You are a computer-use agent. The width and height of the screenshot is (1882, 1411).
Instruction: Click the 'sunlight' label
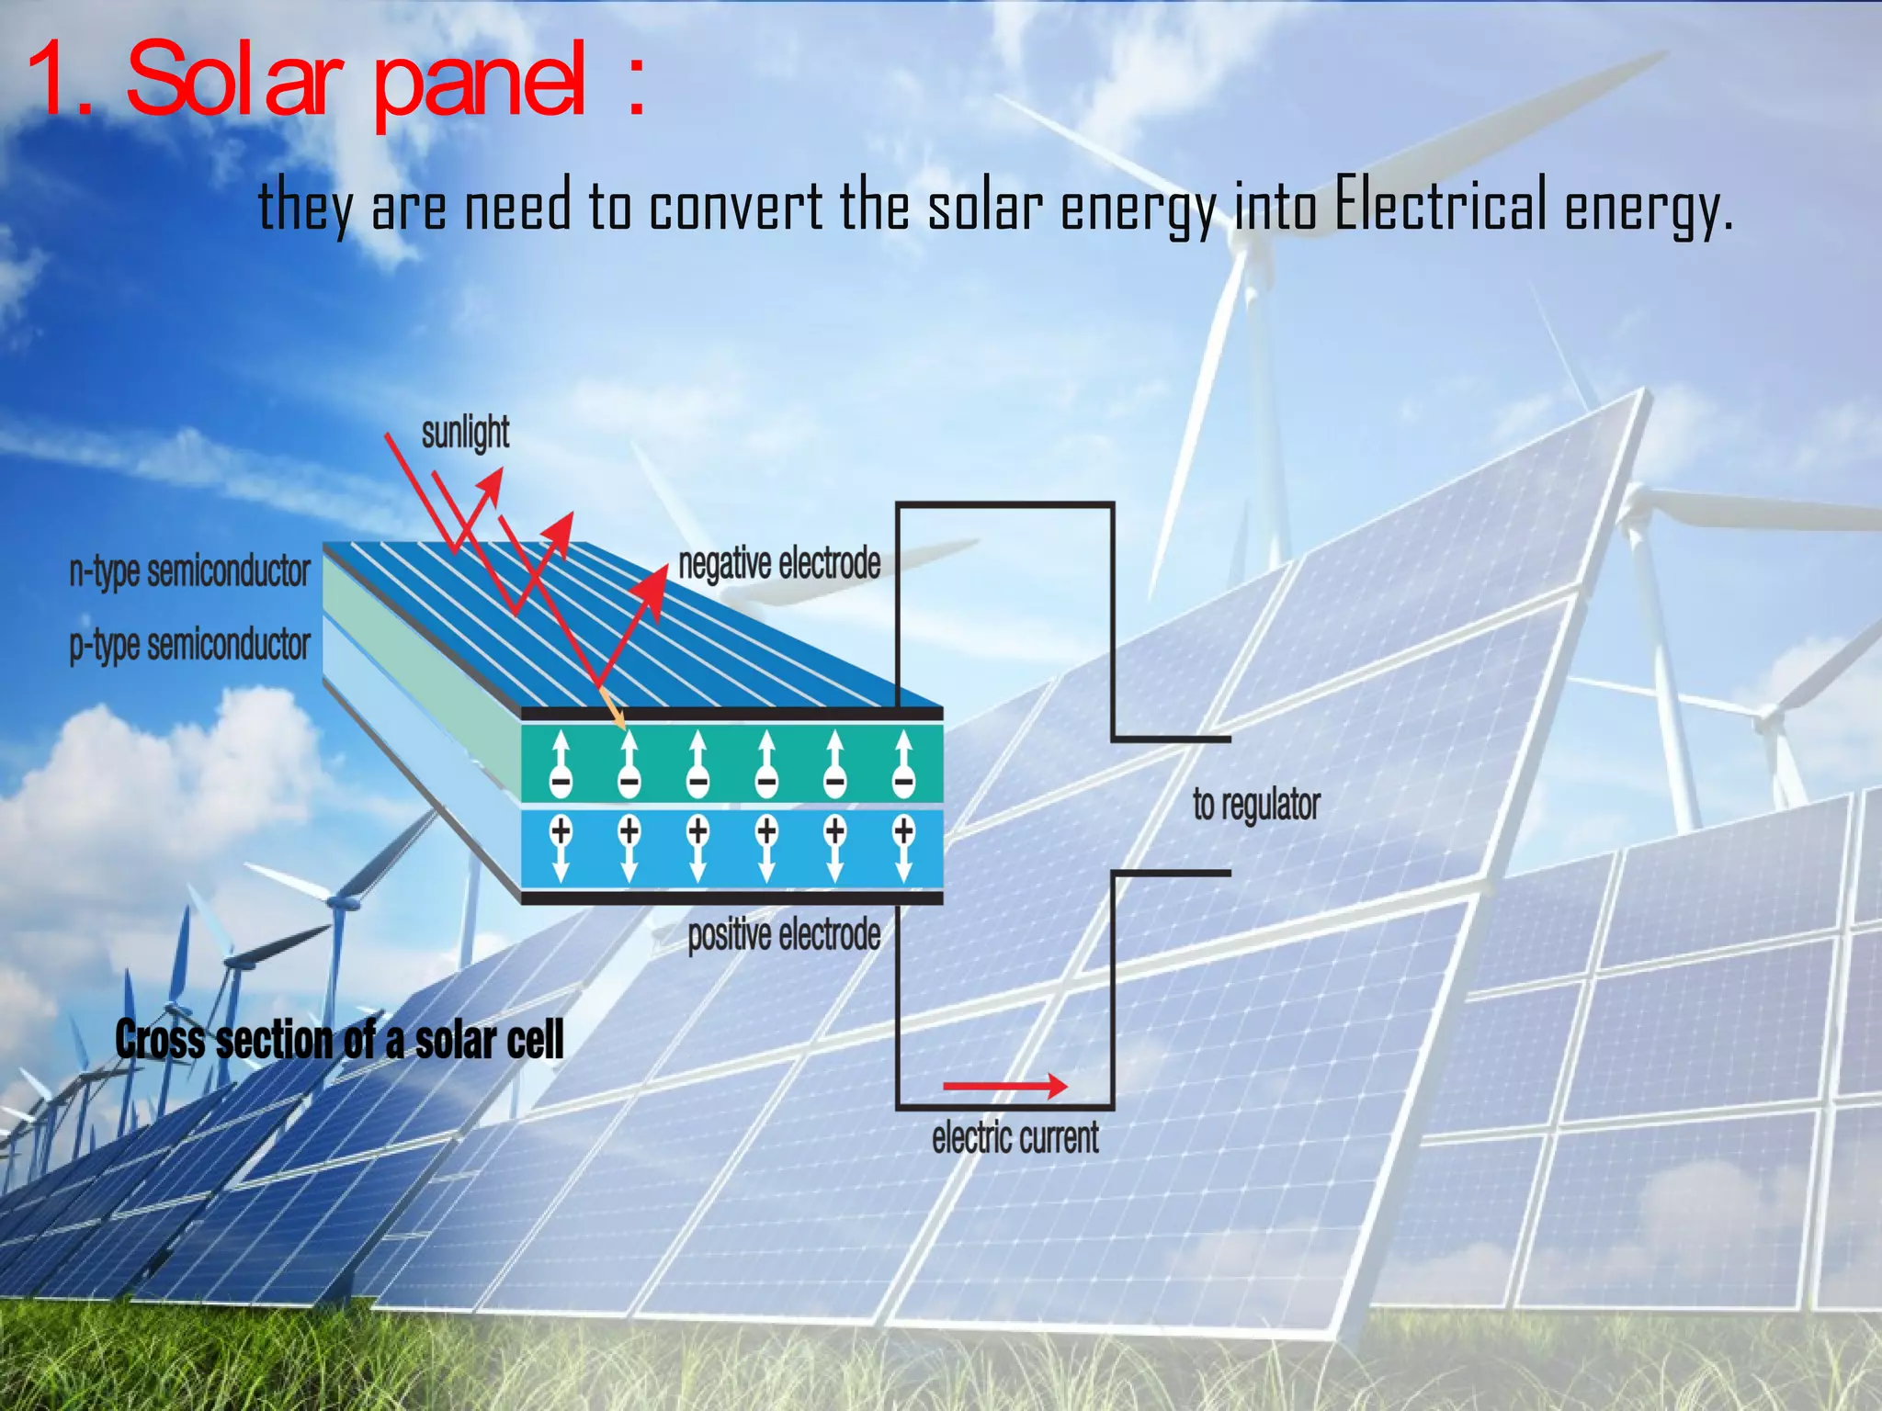[x=465, y=433]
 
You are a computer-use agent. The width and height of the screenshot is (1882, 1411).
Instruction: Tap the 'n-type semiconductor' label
[x=190, y=571]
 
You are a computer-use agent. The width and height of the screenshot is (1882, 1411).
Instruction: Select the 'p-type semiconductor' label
[x=190, y=645]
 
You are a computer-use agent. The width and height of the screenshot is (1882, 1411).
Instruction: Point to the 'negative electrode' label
[x=779, y=563]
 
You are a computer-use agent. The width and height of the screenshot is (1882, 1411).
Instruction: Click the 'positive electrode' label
[x=784, y=935]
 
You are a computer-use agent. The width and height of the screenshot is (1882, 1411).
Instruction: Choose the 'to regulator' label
[x=1256, y=805]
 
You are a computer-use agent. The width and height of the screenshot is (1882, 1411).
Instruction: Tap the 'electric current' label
[x=1015, y=1138]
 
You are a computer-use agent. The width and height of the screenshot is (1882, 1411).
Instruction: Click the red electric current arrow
[x=1004, y=1087]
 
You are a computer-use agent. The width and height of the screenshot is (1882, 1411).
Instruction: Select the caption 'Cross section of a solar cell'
[x=339, y=1041]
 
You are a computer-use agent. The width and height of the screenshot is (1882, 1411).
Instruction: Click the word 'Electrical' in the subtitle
[x=1440, y=206]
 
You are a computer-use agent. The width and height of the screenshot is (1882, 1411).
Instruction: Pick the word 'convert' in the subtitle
[x=736, y=206]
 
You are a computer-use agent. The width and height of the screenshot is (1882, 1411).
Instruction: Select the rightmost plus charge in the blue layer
[x=904, y=831]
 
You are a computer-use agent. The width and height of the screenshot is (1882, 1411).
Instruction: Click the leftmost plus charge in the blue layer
[x=561, y=831]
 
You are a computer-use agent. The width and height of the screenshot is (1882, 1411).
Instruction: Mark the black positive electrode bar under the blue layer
[x=731, y=897]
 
